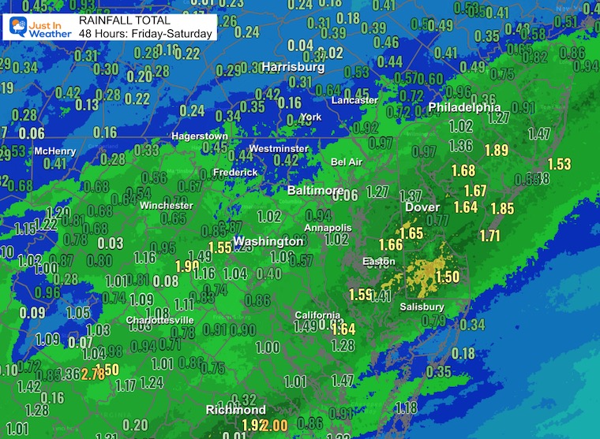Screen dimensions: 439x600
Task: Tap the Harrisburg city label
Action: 293,67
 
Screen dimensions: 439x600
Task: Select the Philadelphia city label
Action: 464,107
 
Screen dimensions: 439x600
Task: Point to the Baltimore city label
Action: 315,191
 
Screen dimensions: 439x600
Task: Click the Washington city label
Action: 268,240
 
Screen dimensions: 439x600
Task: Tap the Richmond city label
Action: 235,410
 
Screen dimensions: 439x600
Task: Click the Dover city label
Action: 422,207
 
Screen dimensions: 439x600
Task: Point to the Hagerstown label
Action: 200,136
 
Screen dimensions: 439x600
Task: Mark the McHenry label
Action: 54,151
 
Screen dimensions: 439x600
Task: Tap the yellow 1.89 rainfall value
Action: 497,150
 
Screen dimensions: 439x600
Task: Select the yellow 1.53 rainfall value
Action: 558,164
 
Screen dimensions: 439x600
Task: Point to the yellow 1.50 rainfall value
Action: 448,277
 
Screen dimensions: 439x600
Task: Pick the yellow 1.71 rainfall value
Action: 489,235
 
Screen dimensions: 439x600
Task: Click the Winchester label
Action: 166,205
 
